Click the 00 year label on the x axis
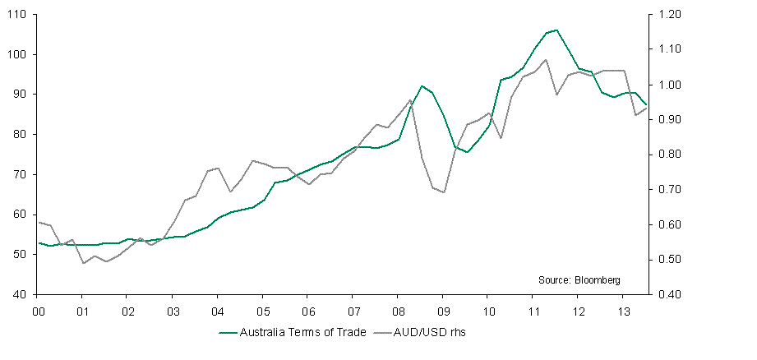(x=38, y=312)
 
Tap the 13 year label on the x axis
(x=622, y=312)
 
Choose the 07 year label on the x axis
(x=352, y=312)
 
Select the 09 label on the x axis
(x=442, y=312)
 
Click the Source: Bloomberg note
(x=579, y=280)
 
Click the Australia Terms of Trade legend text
(x=293, y=333)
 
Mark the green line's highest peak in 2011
(x=556, y=30)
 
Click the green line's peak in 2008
(x=422, y=85)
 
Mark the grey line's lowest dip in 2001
(x=83, y=263)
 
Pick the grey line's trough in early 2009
(x=444, y=192)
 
